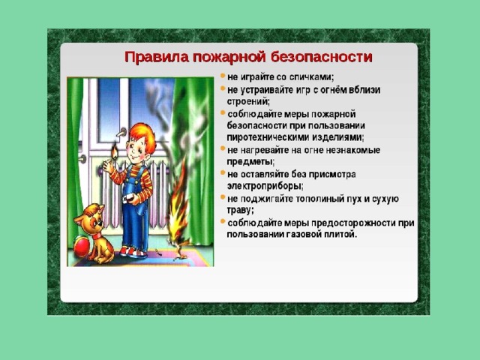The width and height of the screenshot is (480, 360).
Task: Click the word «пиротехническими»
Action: click(268, 137)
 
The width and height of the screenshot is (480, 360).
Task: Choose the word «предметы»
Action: click(250, 162)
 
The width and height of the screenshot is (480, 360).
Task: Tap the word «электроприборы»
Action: click(265, 186)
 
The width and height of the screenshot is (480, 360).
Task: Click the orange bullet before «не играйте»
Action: click(223, 75)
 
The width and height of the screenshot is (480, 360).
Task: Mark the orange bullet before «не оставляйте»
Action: click(223, 173)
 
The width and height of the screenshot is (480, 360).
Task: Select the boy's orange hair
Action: click(143, 136)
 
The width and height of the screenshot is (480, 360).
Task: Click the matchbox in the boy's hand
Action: click(129, 197)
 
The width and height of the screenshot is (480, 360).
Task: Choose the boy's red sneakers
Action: click(132, 252)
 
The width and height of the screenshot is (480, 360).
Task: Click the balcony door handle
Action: click(121, 133)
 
